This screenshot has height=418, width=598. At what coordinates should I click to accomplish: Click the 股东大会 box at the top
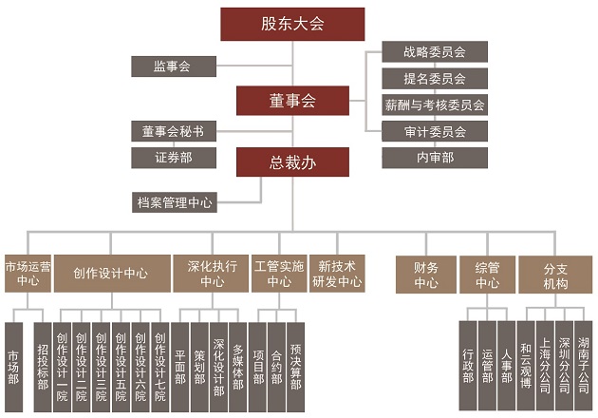[292, 25]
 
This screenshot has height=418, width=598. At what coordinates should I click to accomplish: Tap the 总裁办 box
[293, 163]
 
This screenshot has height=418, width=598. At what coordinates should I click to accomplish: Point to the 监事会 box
[172, 66]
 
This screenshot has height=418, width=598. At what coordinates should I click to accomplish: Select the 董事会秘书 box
[173, 131]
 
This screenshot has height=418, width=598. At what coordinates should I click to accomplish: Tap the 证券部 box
[173, 157]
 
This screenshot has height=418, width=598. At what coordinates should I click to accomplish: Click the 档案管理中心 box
[175, 201]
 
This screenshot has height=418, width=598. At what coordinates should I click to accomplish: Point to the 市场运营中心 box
[28, 273]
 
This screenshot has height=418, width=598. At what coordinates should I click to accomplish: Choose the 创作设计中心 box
[110, 273]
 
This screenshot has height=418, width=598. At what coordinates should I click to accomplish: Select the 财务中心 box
[426, 273]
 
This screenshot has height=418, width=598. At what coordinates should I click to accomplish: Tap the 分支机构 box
[555, 273]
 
